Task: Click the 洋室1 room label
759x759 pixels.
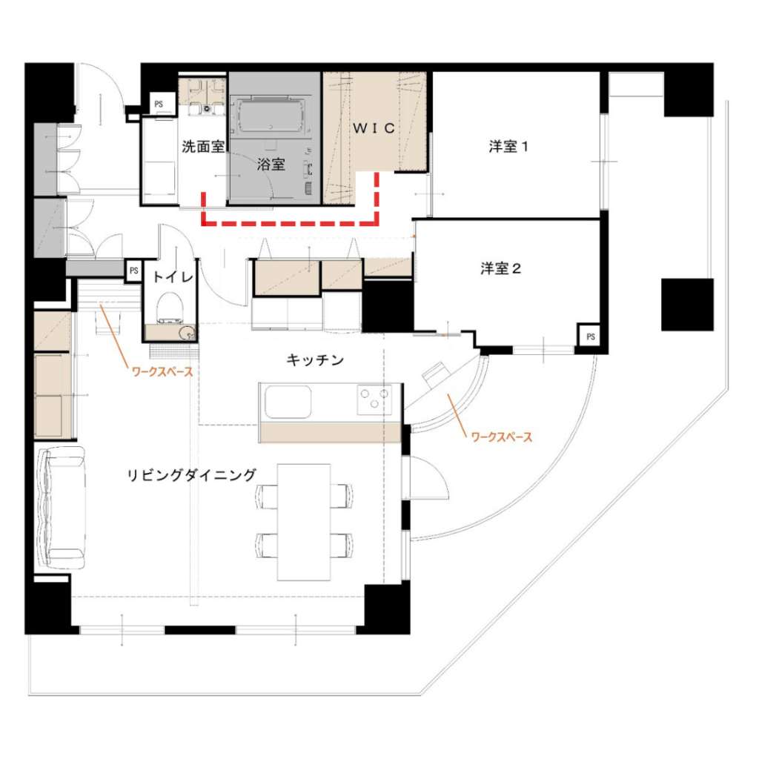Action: click(508, 146)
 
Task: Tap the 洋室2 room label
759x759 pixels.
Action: click(500, 268)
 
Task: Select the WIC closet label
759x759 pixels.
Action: click(374, 128)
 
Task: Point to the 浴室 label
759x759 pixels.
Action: click(271, 164)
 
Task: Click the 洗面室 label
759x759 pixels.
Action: click(203, 146)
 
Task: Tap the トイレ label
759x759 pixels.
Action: click(173, 277)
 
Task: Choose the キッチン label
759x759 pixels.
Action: click(315, 360)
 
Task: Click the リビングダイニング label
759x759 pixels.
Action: click(191, 475)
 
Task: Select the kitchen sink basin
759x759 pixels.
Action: click(288, 402)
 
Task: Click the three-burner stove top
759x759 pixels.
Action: click(374, 399)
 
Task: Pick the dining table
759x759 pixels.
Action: click(304, 522)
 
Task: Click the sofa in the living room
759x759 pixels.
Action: click(61, 508)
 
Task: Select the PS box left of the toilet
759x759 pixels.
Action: click(133, 271)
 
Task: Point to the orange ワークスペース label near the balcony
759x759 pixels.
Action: click(502, 437)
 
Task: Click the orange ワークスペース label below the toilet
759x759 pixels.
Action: click(162, 372)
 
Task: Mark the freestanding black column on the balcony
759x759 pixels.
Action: click(687, 305)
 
